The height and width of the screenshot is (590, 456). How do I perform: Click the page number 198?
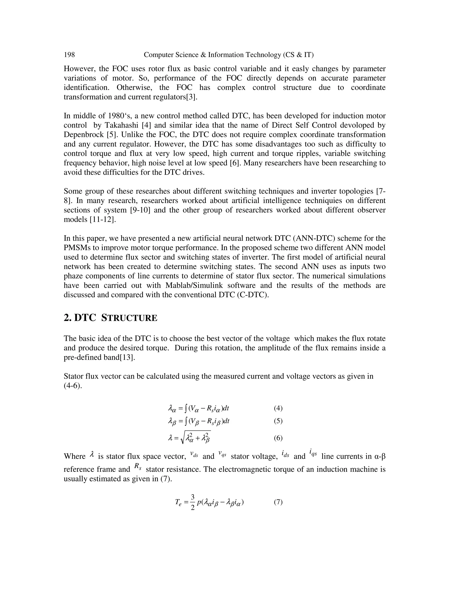click(x=69, y=55)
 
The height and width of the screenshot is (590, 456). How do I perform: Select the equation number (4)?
click(x=278, y=408)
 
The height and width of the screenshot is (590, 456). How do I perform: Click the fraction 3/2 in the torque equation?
click(x=192, y=502)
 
